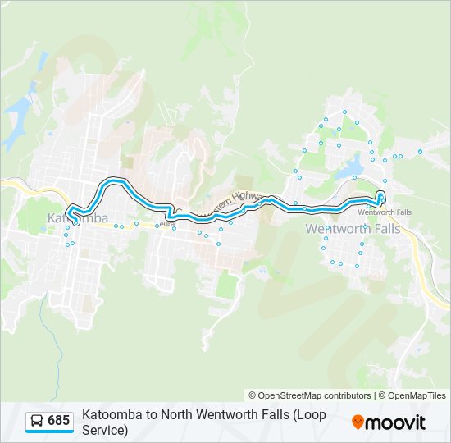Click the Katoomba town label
pyautogui.click(x=78, y=218)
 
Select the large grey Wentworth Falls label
pyautogui.click(x=353, y=229)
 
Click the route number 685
pyautogui.click(x=58, y=421)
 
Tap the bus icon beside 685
pyautogui.click(x=37, y=421)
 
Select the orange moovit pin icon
pyautogui.click(x=358, y=422)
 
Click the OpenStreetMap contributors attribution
pyautogui.click(x=310, y=395)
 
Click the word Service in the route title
pyautogui.click(x=104, y=429)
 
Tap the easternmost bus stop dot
pyautogui.click(x=420, y=152)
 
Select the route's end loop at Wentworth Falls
pyautogui.click(x=380, y=196)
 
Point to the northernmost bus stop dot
pyautogui.click(x=344, y=112)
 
